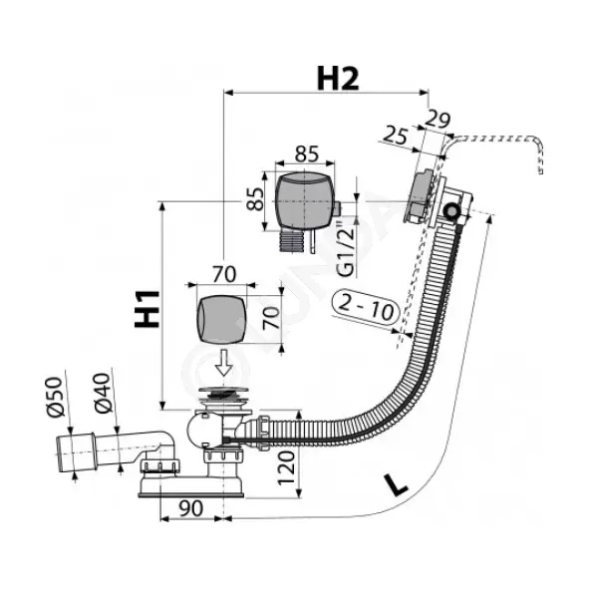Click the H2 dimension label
338,79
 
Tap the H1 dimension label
147,309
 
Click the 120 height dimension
286,468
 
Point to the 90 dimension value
190,508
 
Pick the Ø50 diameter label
55,397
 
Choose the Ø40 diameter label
103,393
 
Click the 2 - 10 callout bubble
365,308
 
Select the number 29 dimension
438,120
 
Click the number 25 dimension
396,136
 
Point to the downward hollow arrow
224,362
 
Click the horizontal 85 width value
307,153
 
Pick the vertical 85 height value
255,198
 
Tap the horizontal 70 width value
224,274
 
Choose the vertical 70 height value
271,318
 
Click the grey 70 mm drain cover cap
221,319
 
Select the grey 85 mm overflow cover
304,201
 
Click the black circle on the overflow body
450,210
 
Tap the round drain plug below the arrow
224,391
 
